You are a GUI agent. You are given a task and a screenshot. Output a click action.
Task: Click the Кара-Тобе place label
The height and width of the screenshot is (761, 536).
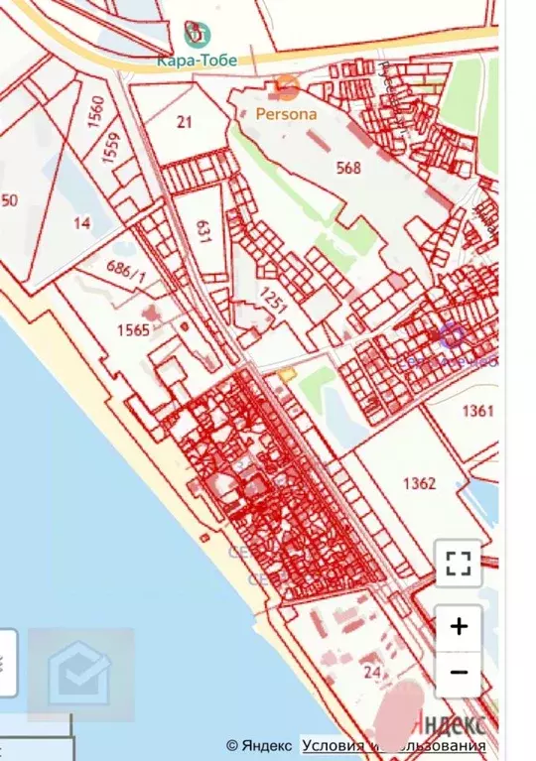(x=197, y=61)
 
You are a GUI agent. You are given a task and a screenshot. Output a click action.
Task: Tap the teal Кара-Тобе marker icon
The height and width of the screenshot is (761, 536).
(x=197, y=36)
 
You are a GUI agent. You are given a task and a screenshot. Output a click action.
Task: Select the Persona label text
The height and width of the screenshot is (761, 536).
(x=287, y=113)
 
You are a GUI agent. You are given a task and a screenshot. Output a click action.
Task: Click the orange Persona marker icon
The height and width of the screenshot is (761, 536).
(x=287, y=87)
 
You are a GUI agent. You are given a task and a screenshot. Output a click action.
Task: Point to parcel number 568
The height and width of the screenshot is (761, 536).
(x=348, y=168)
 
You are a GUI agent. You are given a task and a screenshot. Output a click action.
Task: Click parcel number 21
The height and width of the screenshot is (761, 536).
(x=184, y=123)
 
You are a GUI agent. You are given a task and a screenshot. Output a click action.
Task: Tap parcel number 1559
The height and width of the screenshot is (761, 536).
(x=111, y=149)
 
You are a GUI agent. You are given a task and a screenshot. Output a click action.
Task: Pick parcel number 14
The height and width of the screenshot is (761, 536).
(x=81, y=223)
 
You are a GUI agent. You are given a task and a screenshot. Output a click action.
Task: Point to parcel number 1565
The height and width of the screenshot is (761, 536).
(x=133, y=329)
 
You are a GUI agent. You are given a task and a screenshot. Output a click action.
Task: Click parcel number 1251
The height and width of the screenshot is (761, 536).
(x=275, y=299)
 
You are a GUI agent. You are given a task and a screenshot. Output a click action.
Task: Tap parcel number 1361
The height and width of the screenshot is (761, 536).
(x=477, y=410)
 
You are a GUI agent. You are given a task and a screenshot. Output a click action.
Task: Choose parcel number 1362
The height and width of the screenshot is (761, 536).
(x=420, y=483)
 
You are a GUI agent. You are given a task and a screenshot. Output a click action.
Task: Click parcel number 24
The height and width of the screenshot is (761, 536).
(x=372, y=672)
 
